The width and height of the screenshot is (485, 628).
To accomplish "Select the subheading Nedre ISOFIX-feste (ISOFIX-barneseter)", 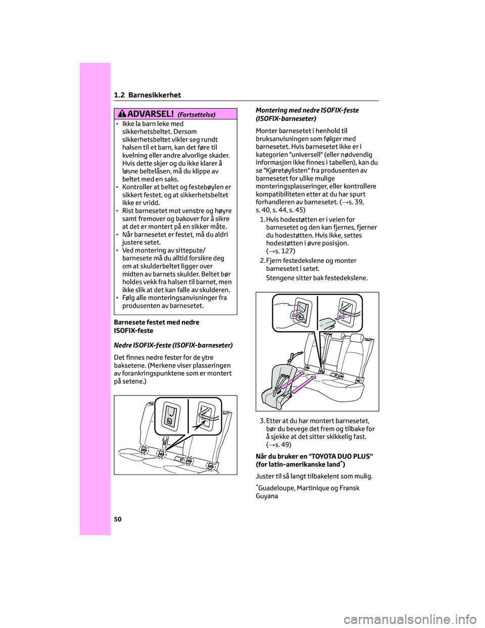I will (173, 345).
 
